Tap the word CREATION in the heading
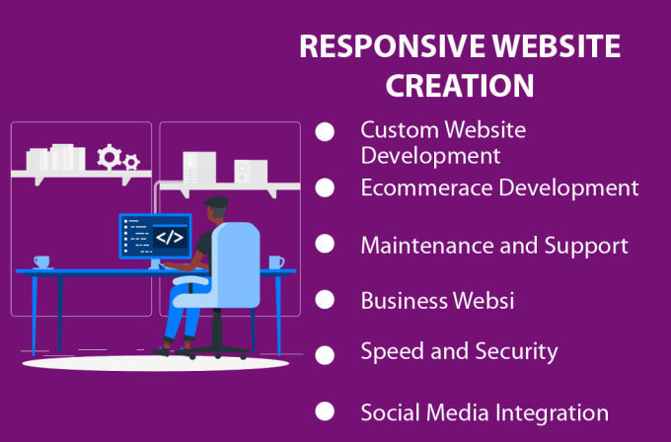click(460, 85)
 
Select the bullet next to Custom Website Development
click(324, 132)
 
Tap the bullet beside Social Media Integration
click(324, 410)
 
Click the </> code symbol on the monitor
click(170, 237)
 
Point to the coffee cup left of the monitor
click(41, 261)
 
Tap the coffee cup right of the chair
click(275, 261)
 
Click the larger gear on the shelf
click(108, 156)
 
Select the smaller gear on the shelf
click(131, 161)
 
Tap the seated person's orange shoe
click(162, 346)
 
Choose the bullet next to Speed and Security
click(324, 352)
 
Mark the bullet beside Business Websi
click(324, 300)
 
